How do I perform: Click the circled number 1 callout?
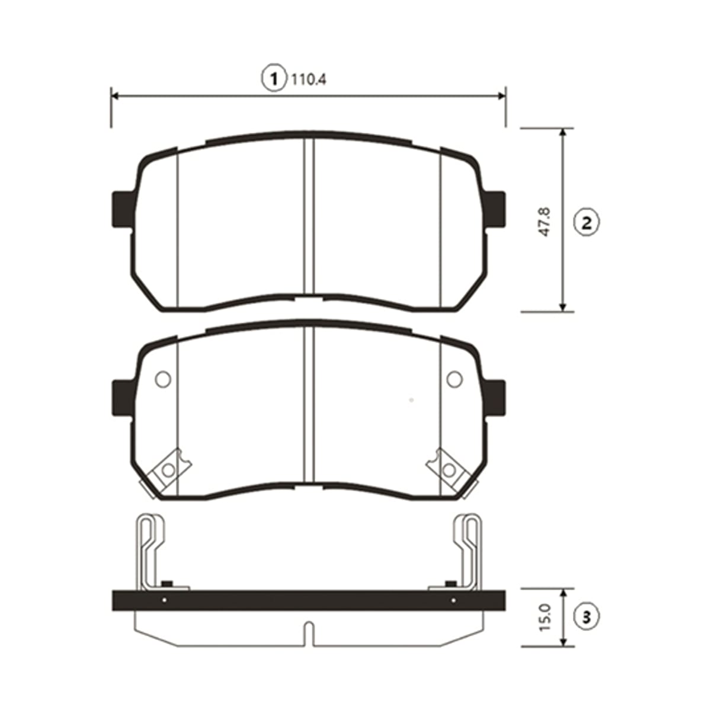pos(273,79)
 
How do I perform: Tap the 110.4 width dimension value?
pos(309,80)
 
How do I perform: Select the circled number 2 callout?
pos(587,223)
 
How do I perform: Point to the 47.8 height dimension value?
pos(545,222)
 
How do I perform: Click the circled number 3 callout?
pos(587,617)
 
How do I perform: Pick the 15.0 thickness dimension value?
pos(545,617)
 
